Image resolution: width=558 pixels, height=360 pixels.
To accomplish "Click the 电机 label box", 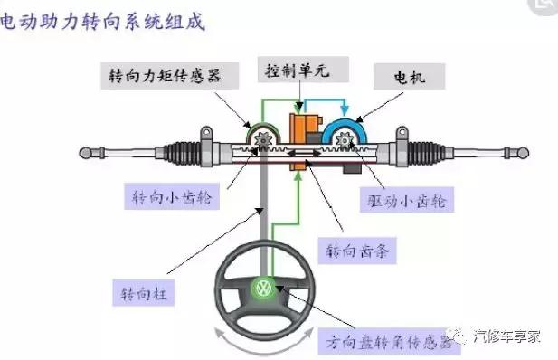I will click(x=411, y=77).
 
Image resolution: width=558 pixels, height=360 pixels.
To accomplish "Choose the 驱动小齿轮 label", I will click(x=414, y=195).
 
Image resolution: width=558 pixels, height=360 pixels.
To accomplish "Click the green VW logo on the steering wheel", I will click(x=263, y=291).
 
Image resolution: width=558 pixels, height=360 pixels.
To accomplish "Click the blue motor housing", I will click(x=344, y=131).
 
